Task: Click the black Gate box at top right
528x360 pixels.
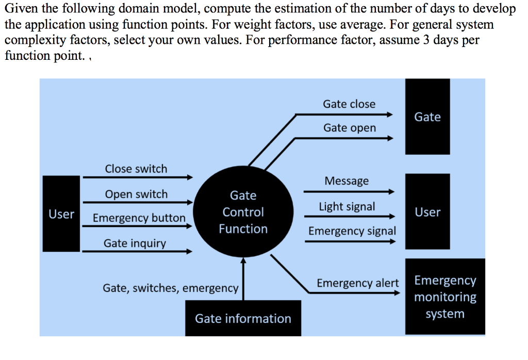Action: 427,117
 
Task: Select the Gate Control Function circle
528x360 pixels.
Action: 243,212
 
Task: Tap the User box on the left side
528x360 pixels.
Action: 61,214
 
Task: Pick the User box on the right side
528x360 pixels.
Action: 427,212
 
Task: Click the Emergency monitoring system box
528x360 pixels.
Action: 445,297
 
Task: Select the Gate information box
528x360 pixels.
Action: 243,318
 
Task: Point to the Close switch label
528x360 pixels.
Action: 136,169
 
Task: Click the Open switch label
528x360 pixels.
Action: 136,194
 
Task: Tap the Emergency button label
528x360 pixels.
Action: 139,218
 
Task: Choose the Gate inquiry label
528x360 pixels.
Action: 135,243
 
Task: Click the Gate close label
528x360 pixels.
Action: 349,104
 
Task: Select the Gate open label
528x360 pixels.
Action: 350,127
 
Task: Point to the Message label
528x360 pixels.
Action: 346,181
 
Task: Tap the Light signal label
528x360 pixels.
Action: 346,206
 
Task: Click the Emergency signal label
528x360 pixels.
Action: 352,231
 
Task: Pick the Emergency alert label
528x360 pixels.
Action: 357,283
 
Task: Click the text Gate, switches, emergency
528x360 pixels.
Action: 171,288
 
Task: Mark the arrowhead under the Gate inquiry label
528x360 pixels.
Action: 189,252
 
